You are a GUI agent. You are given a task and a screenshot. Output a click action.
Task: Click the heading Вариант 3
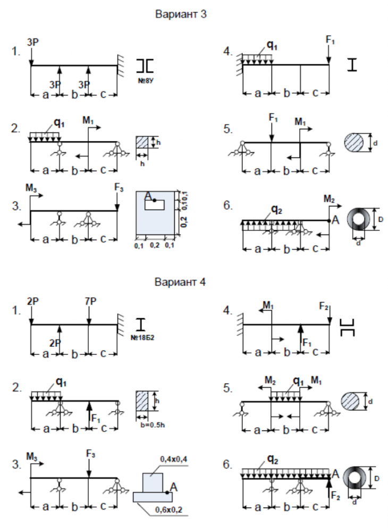pos(181,14)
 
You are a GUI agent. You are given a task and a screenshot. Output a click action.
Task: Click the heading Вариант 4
pos(180,282)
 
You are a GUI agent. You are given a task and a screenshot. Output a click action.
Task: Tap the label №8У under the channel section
pos(146,81)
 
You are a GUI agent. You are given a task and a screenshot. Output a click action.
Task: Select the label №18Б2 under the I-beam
pos(142,338)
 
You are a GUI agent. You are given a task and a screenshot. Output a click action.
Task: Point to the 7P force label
pos(90,301)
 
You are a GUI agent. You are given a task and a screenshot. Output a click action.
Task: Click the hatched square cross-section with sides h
pos(142,142)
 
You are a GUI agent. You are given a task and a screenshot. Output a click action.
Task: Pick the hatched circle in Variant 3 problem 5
pos(354,143)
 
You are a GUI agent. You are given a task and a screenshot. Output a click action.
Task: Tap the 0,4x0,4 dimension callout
pos(174,459)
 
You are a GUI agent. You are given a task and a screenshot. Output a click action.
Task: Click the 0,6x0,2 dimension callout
pos(169,510)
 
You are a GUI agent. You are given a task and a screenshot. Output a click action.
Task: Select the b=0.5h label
pos(153,425)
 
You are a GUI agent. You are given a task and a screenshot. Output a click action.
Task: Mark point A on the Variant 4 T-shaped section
pos(167,492)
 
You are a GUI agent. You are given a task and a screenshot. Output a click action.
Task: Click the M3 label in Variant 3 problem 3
pos(31,188)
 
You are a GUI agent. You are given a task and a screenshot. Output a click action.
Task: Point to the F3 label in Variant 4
pos(90,454)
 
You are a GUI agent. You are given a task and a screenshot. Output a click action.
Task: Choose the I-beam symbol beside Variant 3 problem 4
pos(352,64)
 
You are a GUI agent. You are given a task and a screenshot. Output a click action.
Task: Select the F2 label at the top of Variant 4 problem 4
pos(324,306)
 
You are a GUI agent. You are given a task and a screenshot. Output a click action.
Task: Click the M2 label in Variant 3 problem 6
pos(329,199)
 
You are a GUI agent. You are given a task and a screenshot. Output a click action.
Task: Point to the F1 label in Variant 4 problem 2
pos(96,419)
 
